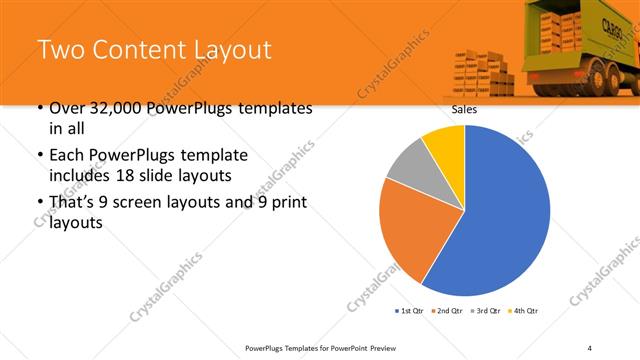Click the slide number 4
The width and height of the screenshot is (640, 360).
tap(590, 347)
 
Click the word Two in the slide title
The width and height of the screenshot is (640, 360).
tap(63, 51)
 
